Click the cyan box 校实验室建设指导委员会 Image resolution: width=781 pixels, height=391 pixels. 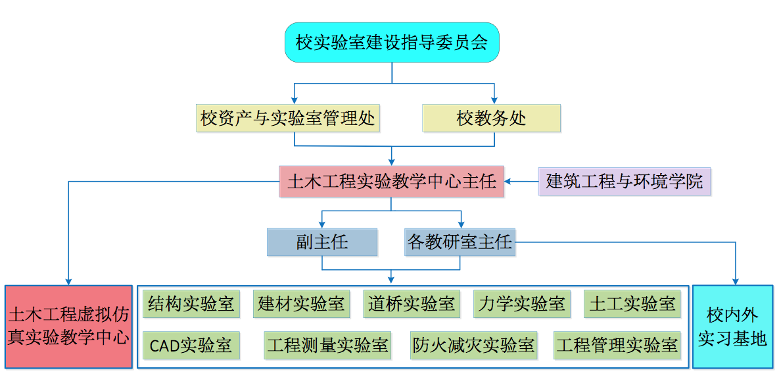pyautogui.click(x=392, y=43)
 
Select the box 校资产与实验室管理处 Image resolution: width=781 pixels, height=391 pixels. pyautogui.click(x=288, y=118)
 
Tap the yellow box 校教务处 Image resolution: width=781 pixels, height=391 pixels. pyautogui.click(x=491, y=118)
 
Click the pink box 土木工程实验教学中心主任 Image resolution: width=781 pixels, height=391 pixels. pyautogui.click(x=392, y=181)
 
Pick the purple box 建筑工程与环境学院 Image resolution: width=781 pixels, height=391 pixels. pyautogui.click(x=624, y=181)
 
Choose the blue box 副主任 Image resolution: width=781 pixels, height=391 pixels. pyautogui.click(x=322, y=242)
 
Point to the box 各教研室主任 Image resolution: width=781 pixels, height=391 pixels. pyautogui.click(x=460, y=242)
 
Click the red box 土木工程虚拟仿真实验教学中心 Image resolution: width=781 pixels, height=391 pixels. pyautogui.click(x=68, y=326)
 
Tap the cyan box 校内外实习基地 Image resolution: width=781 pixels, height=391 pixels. pyautogui.click(x=732, y=326)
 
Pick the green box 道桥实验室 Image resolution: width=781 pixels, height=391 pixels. pyautogui.click(x=411, y=303)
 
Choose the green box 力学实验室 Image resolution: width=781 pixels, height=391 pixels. pyautogui.click(x=521, y=303)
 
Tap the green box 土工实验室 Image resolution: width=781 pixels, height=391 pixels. pyautogui.click(x=632, y=303)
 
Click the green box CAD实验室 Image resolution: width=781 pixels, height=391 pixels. pyautogui.click(x=191, y=345)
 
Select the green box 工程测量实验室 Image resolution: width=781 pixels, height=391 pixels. pyautogui.click(x=327, y=345)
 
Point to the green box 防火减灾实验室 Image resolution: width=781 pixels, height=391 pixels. pyautogui.click(x=473, y=345)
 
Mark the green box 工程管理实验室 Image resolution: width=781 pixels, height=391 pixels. pyautogui.click(x=617, y=345)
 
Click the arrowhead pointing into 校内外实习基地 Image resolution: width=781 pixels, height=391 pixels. pyautogui.click(x=735, y=281)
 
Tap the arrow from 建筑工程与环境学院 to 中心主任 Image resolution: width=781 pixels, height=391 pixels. pyautogui.click(x=522, y=181)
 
